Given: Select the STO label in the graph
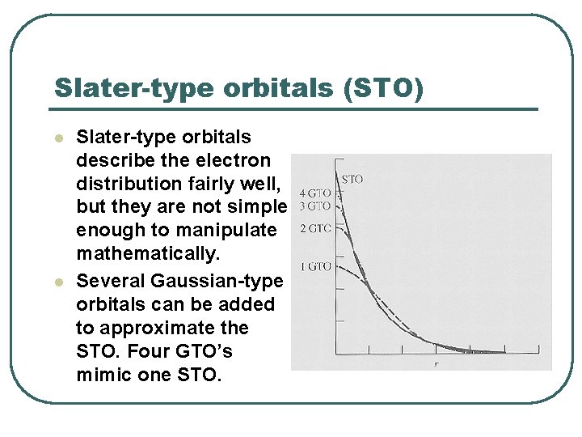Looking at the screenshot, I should [x=352, y=178].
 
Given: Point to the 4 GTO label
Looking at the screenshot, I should [x=314, y=193].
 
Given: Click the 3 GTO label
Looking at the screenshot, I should [x=315, y=206].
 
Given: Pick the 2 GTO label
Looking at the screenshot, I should [x=315, y=229].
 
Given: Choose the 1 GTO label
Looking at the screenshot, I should [x=315, y=266].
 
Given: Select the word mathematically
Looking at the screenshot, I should [x=148, y=254].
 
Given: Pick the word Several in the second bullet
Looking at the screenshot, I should [x=109, y=281].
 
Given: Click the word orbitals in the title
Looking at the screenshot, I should [x=269, y=87].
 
